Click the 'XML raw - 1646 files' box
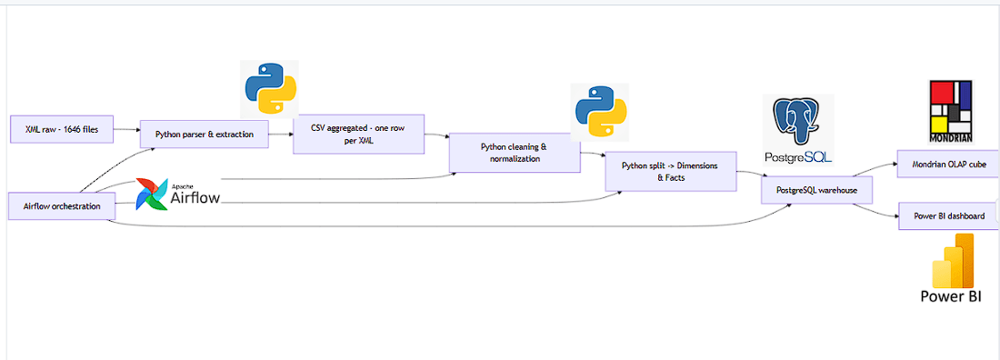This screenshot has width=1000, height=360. point(62,130)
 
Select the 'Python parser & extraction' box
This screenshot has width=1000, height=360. point(205,135)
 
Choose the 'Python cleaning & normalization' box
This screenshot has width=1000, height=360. point(515,153)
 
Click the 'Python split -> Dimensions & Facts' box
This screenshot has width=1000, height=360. point(671,172)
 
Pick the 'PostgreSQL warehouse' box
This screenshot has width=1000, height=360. point(816,190)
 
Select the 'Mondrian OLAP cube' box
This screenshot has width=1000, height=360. point(947,165)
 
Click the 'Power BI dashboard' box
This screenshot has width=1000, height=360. point(948,216)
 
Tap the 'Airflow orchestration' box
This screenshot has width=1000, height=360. point(62,206)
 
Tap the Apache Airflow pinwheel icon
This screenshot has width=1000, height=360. point(151,194)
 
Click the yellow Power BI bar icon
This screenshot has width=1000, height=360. point(952,261)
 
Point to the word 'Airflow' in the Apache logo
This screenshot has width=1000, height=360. point(195,195)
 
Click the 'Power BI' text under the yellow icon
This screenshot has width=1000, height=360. point(952,296)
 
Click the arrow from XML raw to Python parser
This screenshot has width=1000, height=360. point(126,131)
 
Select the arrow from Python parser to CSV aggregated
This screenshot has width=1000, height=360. point(281,135)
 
